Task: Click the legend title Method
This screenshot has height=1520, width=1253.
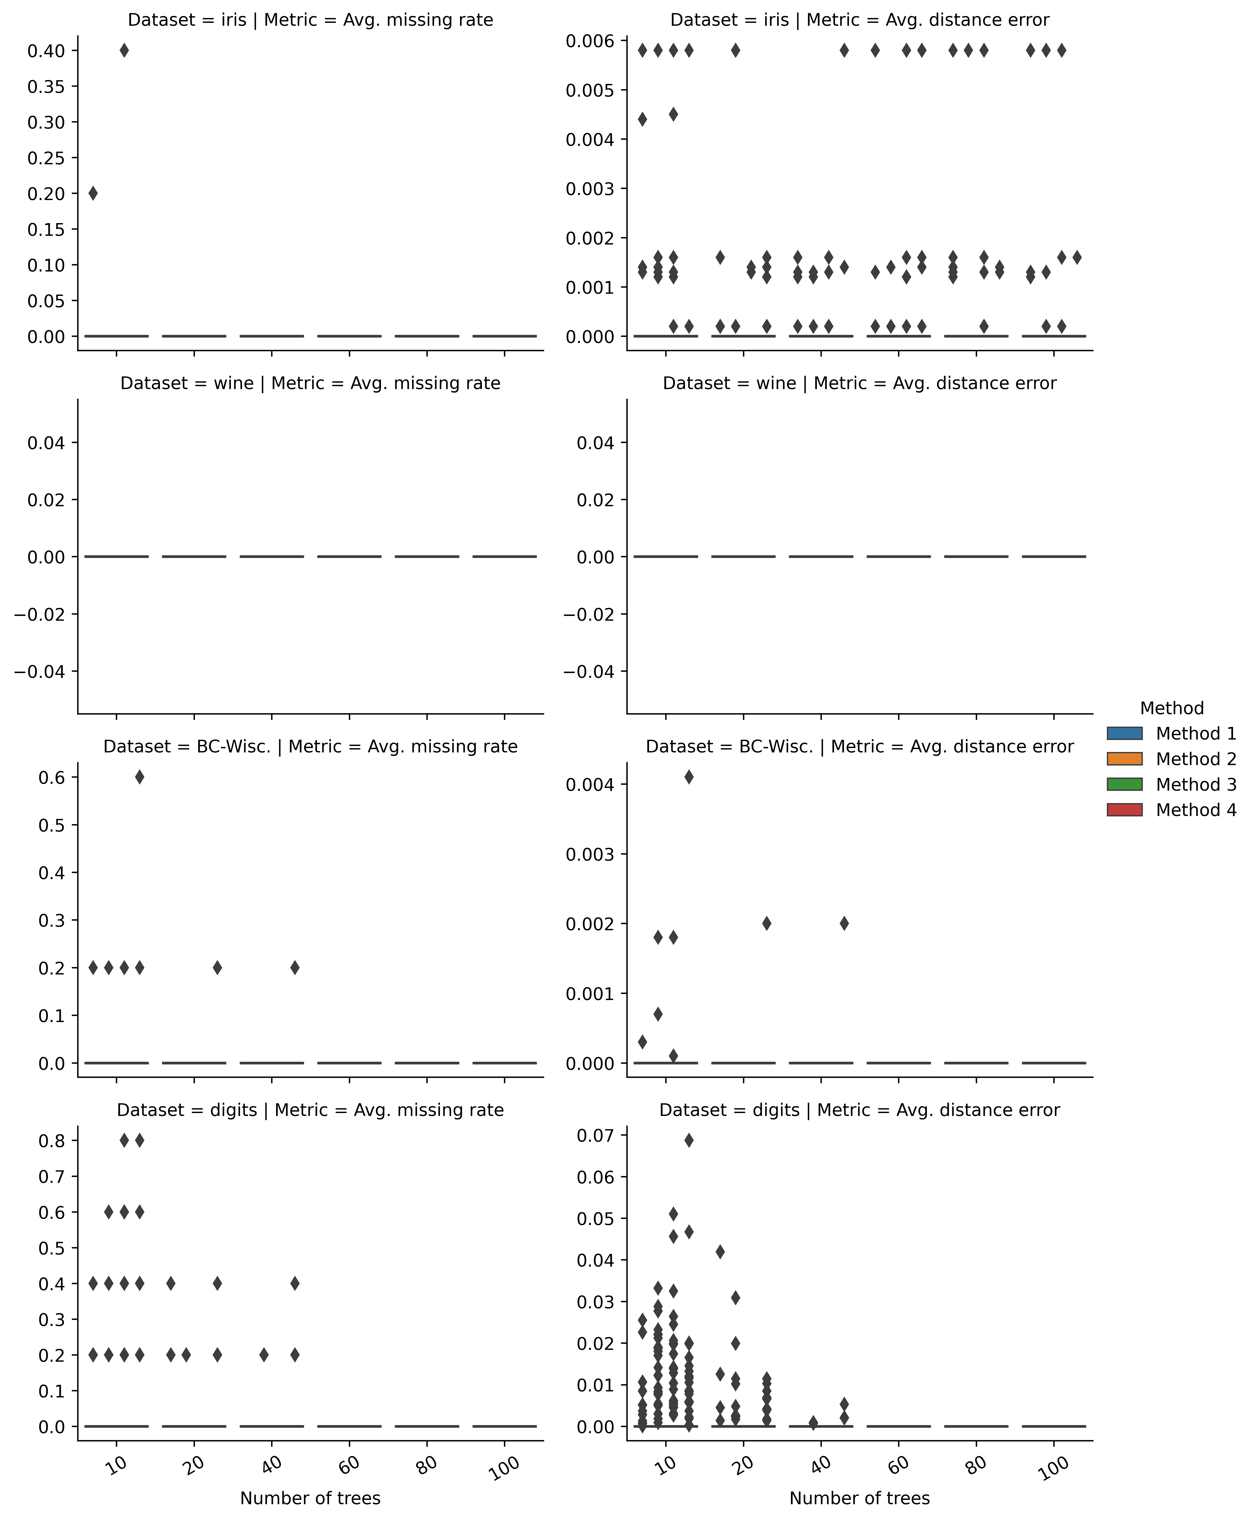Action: click(1172, 708)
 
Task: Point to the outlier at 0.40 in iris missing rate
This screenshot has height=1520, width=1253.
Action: click(124, 50)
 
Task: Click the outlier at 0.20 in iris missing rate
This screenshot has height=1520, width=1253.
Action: click(93, 193)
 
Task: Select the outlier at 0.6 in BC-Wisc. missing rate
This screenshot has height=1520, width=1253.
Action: click(139, 777)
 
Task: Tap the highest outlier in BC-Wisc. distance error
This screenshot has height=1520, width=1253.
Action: click(689, 777)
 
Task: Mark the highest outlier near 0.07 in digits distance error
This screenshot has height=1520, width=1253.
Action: click(689, 1140)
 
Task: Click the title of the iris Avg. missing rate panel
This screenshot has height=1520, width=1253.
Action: click(310, 20)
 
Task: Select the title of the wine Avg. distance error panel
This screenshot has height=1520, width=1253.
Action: click(859, 383)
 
